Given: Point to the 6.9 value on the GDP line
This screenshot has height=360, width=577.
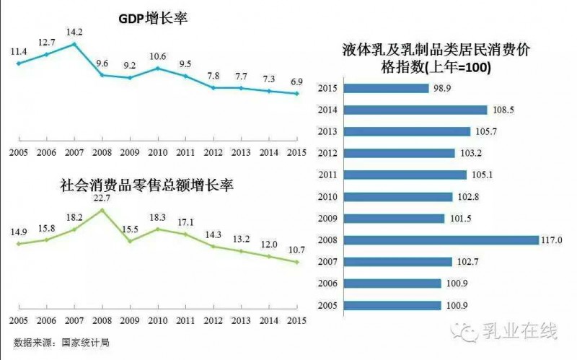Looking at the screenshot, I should pyautogui.click(x=294, y=81).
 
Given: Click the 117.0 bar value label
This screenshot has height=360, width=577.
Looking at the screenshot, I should pyautogui.click(x=553, y=240).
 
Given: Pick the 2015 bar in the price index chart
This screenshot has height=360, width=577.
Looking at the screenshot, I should pyautogui.click(x=387, y=89).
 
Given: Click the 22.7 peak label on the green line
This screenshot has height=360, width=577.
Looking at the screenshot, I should pyautogui.click(x=102, y=197).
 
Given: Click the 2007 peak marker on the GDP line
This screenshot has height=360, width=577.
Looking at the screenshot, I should pyautogui.click(x=74, y=44).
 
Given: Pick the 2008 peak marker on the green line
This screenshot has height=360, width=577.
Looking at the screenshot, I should pyautogui.click(x=102, y=210).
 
